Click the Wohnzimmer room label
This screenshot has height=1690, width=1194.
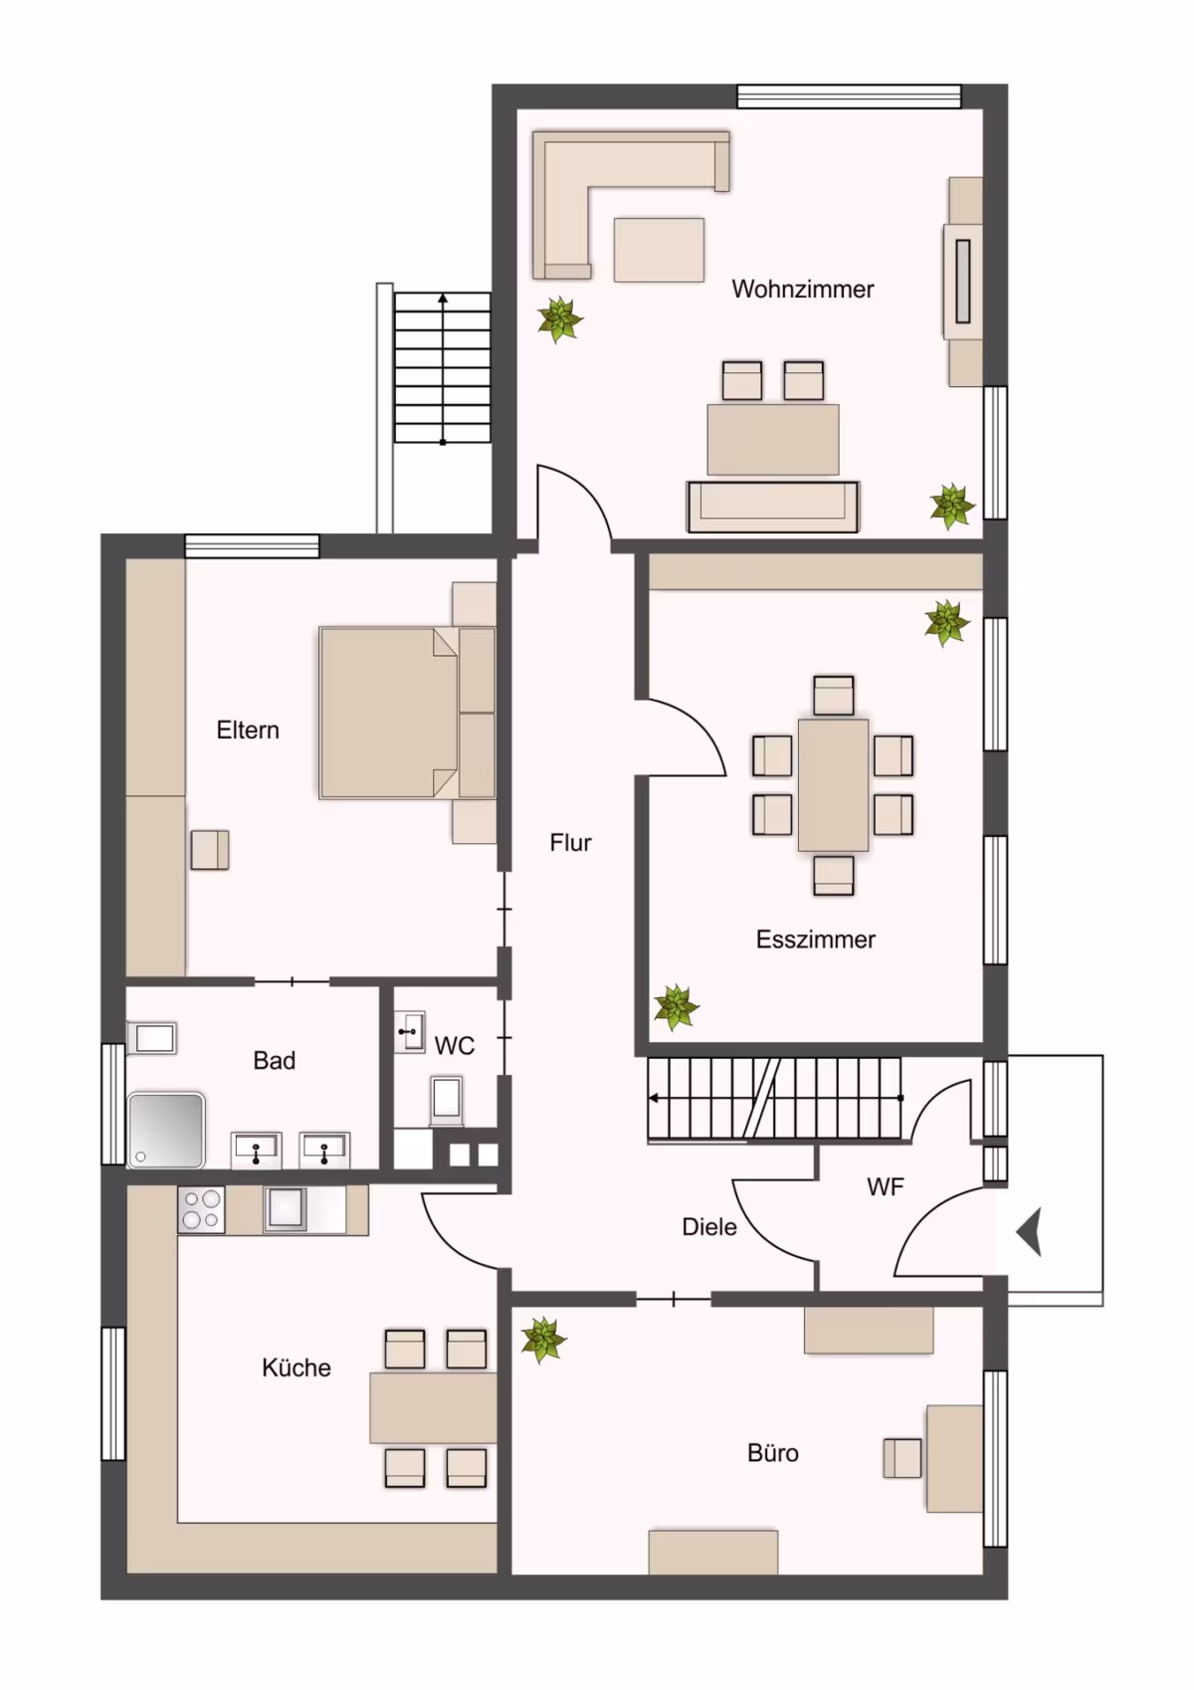[803, 289]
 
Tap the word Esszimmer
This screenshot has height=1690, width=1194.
[815, 940]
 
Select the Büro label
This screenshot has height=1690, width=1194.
[772, 1453]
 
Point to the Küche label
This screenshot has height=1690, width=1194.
[297, 1368]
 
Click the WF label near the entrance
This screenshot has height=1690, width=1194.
[886, 1187]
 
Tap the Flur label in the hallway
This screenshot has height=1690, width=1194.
[570, 843]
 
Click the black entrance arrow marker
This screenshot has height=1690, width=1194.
[1030, 1232]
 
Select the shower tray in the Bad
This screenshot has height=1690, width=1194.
[166, 1131]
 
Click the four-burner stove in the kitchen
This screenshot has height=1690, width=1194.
[201, 1209]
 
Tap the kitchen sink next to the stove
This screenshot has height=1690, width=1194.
[286, 1209]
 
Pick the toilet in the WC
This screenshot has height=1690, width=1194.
[446, 1100]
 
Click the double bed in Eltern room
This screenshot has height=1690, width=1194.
[407, 713]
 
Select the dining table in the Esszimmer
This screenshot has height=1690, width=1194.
[833, 784]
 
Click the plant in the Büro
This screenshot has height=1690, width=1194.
[542, 1340]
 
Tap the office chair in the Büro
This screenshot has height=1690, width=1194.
[902, 1458]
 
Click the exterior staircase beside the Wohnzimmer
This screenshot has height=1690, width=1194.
[442, 367]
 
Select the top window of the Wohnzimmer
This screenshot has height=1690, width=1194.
[850, 97]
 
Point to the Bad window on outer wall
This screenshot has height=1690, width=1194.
[113, 1104]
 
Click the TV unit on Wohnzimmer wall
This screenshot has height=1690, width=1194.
[963, 282]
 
